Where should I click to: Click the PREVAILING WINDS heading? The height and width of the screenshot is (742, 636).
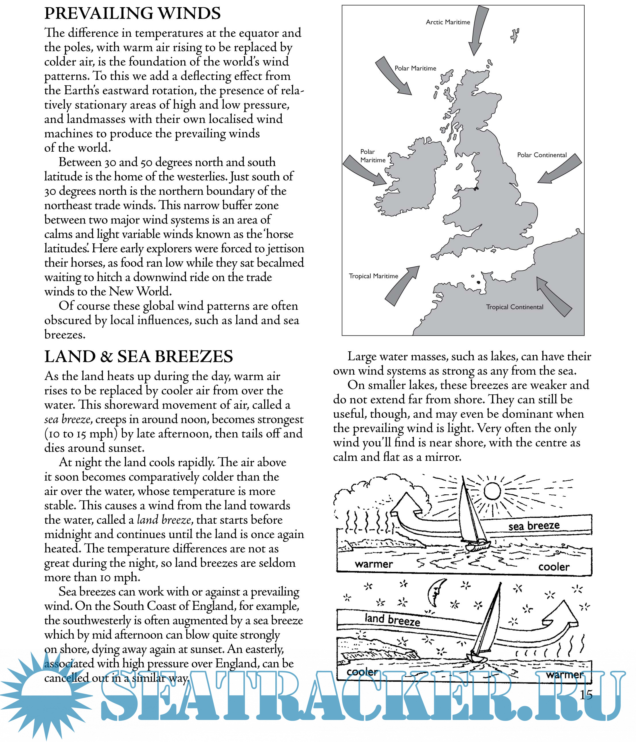132,14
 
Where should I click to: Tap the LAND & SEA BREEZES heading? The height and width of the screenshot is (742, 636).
138,357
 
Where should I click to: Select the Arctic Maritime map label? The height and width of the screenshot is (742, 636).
448,22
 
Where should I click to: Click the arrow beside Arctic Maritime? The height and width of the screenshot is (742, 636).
478,30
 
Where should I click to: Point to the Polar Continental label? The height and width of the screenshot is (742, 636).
542,155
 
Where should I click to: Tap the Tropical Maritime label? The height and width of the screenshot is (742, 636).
373,276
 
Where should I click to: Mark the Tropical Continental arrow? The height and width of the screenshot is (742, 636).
553,297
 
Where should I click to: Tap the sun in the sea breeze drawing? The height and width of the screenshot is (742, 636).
492,491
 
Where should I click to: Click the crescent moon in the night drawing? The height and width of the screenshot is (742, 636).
436,591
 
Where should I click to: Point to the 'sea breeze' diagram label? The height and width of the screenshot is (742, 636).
534,526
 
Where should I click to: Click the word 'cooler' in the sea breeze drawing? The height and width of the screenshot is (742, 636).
554,567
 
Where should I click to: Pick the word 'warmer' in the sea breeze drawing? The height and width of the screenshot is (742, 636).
374,564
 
